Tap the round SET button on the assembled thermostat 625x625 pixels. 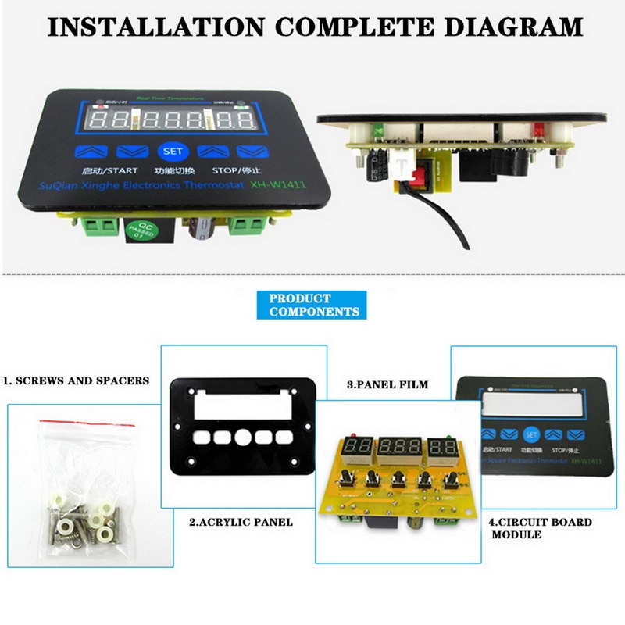click(x=170, y=152)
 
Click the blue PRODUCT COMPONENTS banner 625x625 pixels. click(x=310, y=305)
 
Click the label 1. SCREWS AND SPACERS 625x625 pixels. click(x=76, y=381)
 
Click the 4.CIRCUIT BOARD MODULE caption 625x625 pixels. click(x=540, y=528)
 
